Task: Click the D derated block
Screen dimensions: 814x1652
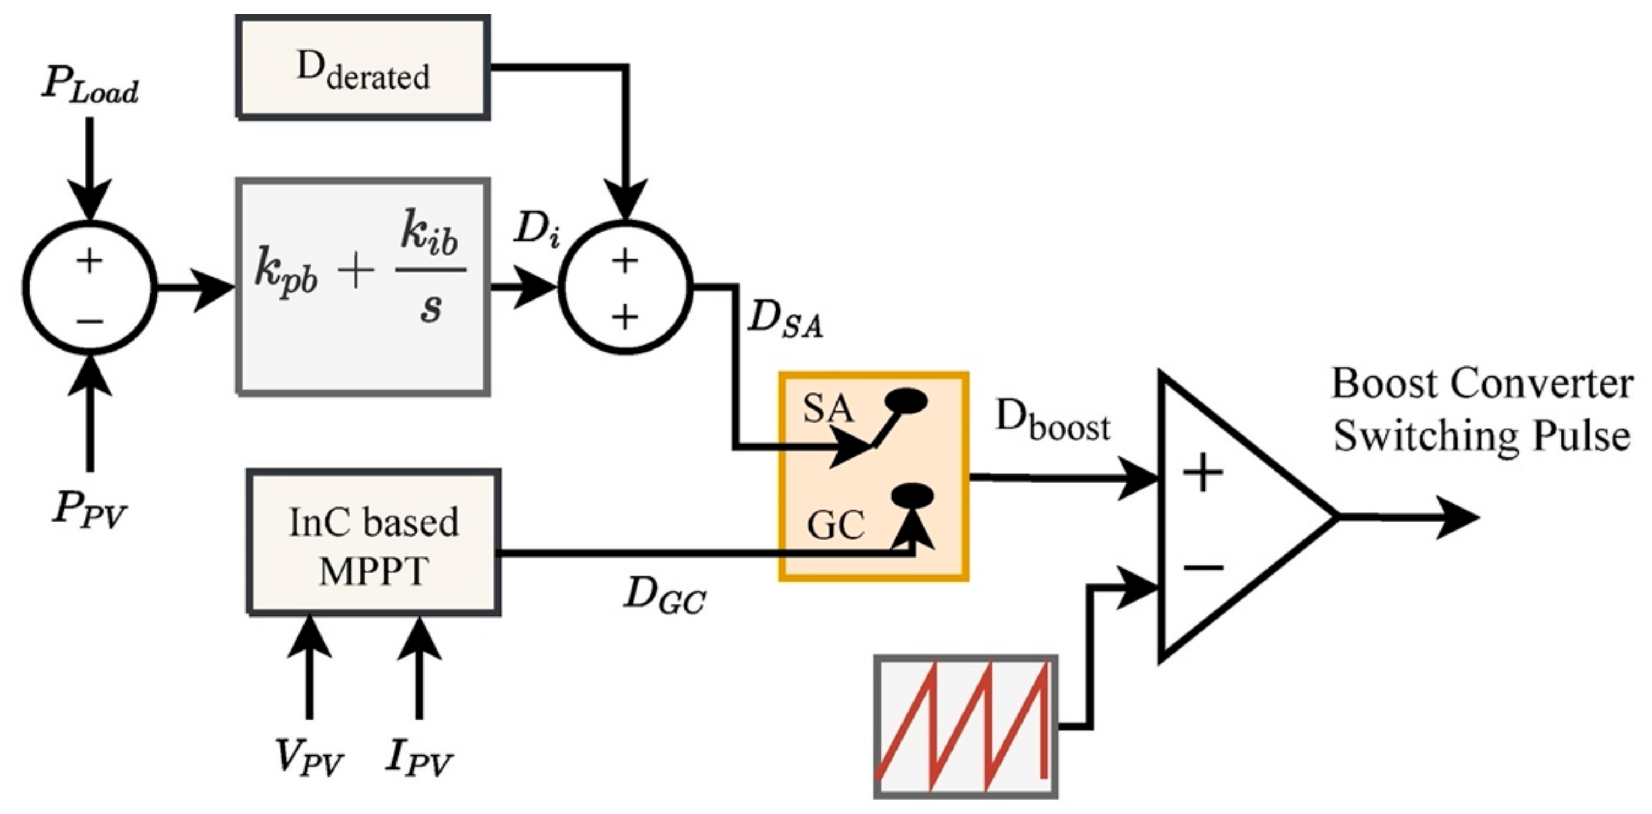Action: pos(363,68)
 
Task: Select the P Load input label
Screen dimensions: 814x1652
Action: pos(90,86)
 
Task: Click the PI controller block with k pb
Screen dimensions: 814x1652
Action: pos(363,287)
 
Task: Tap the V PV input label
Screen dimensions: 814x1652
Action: pos(309,758)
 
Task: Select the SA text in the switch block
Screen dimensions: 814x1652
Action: pos(828,408)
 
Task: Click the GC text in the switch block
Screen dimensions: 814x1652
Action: pos(835,526)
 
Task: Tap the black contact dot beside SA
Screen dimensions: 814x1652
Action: pos(905,401)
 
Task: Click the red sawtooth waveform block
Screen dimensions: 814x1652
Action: pos(966,725)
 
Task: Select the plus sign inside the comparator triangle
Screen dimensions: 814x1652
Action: pos(1203,473)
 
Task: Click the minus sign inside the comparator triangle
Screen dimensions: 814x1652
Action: pos(1203,566)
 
